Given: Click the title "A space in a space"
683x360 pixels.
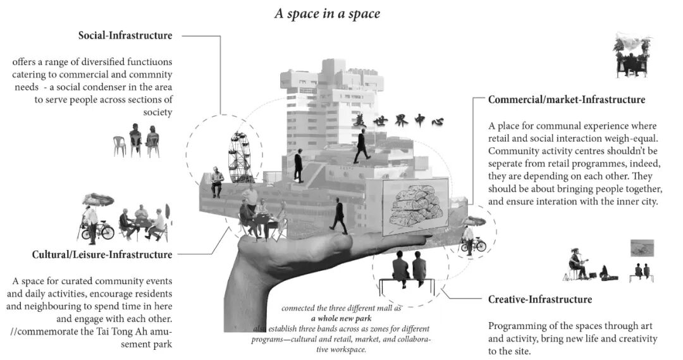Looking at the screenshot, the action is pyautogui.click(x=327, y=13).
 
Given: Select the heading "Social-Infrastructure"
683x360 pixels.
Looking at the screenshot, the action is pyautogui.click(x=125, y=36).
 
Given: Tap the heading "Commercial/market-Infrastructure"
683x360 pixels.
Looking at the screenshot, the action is pyautogui.click(x=566, y=100).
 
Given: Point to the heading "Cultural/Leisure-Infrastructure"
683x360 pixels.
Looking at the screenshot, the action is pyautogui.click(x=102, y=255).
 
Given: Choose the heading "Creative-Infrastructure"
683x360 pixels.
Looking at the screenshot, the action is pyautogui.click(x=539, y=299).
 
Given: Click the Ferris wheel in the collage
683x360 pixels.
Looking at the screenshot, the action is pyautogui.click(x=238, y=156).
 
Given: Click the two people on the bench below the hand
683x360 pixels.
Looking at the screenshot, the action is pyautogui.click(x=409, y=267).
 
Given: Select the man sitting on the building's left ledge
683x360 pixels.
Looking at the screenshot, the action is pyautogui.click(x=216, y=182).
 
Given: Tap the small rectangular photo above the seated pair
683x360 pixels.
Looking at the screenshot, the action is pyautogui.click(x=642, y=247).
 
